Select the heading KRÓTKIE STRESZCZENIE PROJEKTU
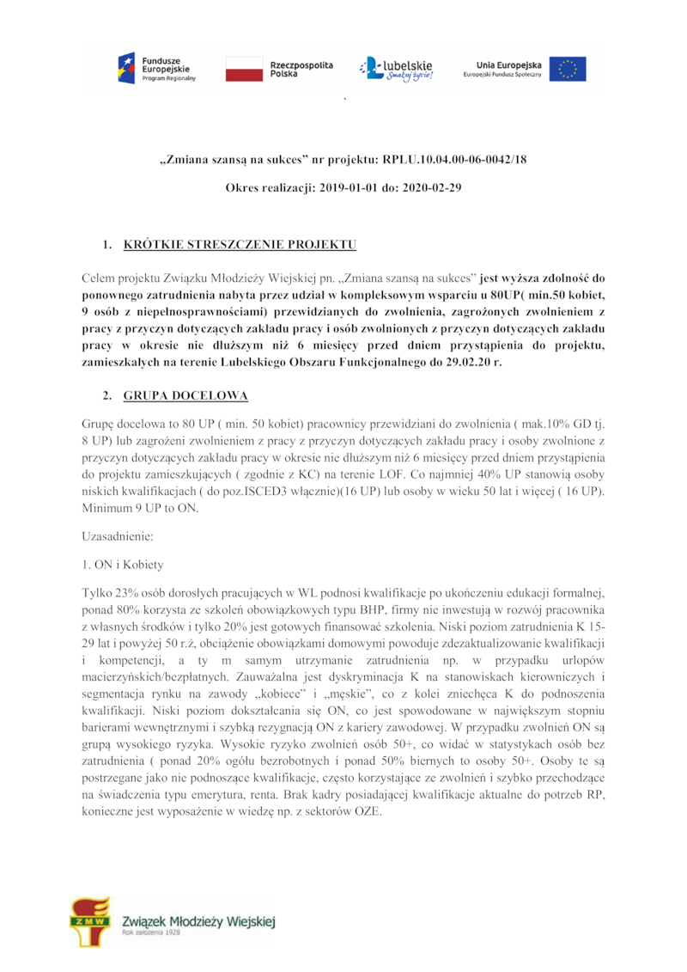tap(240, 245)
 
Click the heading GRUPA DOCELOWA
tap(185, 396)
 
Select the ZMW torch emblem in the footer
tap(90, 920)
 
